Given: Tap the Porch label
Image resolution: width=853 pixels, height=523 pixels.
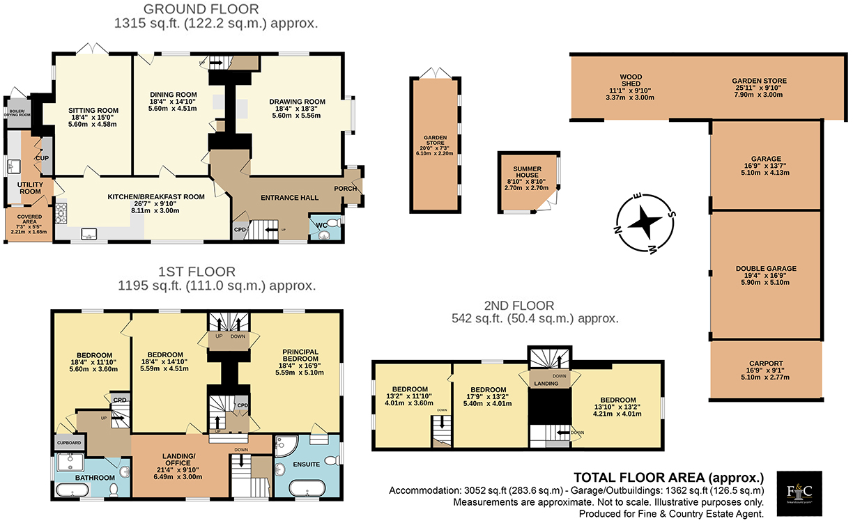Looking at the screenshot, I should (x=346, y=189).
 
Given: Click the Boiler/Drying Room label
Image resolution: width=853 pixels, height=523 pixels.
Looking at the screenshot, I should (x=20, y=113).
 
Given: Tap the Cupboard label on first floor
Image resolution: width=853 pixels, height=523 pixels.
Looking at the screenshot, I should (x=69, y=443).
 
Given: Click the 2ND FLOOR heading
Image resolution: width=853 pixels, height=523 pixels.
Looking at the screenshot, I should (x=519, y=306).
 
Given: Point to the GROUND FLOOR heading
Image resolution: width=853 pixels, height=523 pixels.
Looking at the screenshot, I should (x=201, y=9).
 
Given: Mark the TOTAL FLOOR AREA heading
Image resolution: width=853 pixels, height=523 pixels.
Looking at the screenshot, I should (x=668, y=478).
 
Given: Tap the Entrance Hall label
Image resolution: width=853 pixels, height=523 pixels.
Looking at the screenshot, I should (x=289, y=198).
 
